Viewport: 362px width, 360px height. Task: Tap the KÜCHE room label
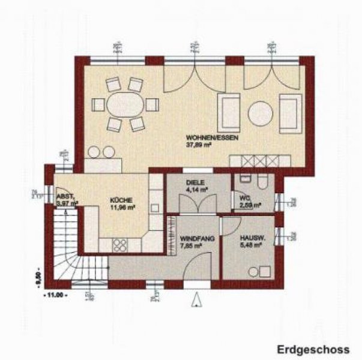(120, 202)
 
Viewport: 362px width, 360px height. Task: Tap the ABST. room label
(64, 197)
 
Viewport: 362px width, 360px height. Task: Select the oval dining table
(127, 104)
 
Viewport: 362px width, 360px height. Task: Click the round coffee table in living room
(261, 112)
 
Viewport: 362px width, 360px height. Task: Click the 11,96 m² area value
(121, 209)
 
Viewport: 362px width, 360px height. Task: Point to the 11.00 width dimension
(56, 295)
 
